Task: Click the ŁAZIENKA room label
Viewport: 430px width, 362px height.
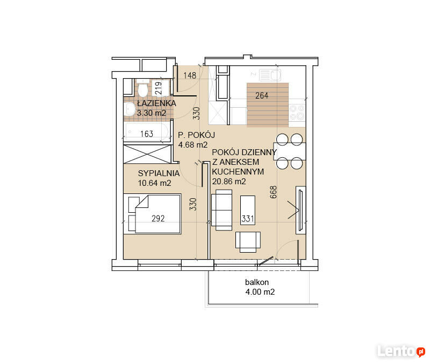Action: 156,103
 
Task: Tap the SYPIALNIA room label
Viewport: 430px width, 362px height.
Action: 159,173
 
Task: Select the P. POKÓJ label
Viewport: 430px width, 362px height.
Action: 196,135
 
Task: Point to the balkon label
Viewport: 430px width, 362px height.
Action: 257,282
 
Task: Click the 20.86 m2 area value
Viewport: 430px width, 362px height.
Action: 229,182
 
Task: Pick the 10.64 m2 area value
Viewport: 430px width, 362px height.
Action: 154,183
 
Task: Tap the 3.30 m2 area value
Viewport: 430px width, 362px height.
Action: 152,113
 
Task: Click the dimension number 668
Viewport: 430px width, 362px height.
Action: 274,192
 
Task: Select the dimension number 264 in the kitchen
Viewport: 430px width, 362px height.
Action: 262,95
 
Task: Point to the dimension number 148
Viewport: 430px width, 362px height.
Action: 190,75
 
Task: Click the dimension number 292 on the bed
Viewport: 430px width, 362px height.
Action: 158,218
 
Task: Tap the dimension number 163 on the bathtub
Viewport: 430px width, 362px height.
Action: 147,134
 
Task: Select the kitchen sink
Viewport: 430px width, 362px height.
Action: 270,74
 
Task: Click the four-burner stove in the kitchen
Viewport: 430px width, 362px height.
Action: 297,113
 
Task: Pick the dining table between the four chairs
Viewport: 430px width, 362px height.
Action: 290,151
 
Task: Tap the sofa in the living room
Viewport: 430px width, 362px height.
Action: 221,210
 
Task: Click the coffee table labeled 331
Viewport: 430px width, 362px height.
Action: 248,210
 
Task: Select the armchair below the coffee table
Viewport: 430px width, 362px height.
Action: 248,242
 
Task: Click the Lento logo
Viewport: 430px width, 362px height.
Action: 402,351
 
